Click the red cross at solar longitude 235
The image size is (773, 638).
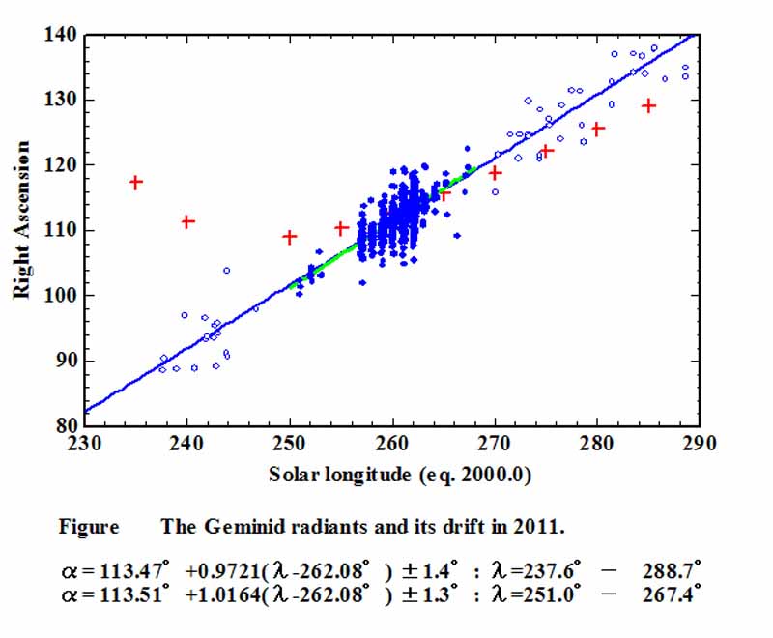(x=136, y=182)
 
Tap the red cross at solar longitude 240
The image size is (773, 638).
(x=187, y=221)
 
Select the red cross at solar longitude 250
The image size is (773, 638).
(x=289, y=237)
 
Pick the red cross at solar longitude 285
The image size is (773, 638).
(x=649, y=105)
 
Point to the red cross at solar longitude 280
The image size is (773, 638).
(x=598, y=129)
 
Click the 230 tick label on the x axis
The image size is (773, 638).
(x=85, y=444)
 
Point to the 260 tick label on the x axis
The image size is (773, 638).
(x=392, y=444)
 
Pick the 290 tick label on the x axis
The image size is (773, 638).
(x=700, y=444)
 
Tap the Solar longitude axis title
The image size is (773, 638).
(x=391, y=475)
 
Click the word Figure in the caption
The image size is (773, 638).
(x=89, y=527)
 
